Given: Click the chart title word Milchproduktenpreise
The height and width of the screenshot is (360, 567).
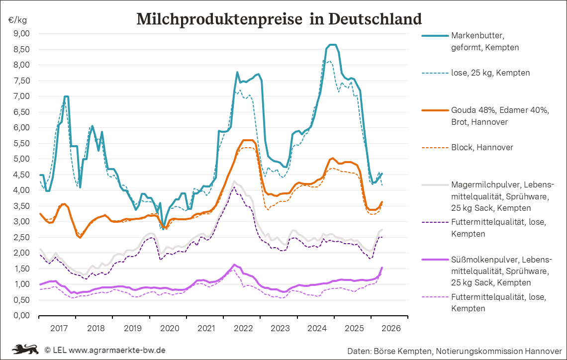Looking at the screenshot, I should click(x=219, y=19).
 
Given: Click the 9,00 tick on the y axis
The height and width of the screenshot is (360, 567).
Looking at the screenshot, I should click(x=22, y=33).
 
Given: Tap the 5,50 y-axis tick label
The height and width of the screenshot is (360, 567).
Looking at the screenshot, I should click(x=22, y=143).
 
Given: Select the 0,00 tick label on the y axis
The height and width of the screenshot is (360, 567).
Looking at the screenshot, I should click(x=22, y=316).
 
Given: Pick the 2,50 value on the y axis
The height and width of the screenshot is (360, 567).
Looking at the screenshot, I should click(x=22, y=237).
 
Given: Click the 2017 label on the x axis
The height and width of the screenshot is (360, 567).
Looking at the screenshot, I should click(x=59, y=328).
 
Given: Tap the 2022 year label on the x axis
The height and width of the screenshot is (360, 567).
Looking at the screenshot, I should click(x=244, y=328).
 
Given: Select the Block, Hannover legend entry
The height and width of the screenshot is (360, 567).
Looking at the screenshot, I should click(x=482, y=147).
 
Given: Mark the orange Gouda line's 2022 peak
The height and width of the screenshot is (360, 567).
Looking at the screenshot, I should click(x=247, y=140).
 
